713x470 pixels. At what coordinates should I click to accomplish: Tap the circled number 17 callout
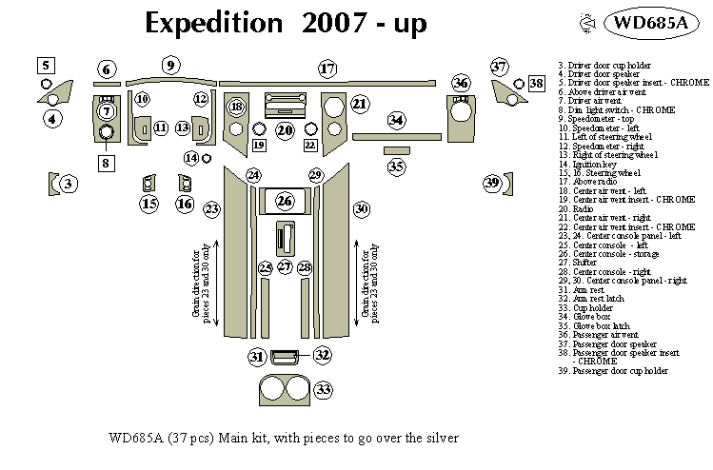[x=327, y=69]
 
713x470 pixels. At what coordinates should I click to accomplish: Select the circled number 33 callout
[x=325, y=390]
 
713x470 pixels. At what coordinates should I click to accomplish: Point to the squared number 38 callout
[x=537, y=85]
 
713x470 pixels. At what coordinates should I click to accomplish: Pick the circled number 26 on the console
[x=285, y=201]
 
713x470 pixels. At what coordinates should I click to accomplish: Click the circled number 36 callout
[x=462, y=83]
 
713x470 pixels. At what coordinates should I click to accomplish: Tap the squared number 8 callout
[x=105, y=163]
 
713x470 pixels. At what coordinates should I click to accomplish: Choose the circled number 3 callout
[x=69, y=183]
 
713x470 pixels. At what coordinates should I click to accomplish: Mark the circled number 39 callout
[x=492, y=183]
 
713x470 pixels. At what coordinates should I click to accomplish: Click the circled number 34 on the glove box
[x=396, y=120]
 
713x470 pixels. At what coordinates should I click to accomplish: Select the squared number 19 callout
[x=259, y=145]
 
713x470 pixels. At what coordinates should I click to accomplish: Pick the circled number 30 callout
[x=361, y=208]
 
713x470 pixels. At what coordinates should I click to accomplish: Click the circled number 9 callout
[x=170, y=65]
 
